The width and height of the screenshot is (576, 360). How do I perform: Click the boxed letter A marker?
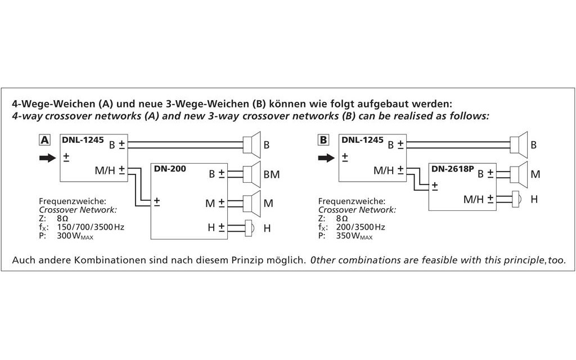(44, 140)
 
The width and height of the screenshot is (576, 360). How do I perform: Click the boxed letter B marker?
(323, 140)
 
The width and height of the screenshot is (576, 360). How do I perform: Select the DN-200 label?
(170, 169)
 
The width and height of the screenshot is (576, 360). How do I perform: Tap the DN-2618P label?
(453, 169)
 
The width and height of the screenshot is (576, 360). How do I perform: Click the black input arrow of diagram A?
(47, 158)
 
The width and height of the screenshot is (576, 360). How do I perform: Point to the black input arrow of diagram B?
(326, 158)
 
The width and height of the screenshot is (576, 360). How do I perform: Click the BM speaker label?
(272, 174)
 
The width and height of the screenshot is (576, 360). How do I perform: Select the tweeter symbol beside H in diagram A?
(249, 228)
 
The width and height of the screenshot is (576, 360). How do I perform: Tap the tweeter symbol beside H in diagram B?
(515, 199)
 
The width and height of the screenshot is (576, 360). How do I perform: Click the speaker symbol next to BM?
(252, 174)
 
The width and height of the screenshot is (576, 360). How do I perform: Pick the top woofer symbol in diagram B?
(519, 145)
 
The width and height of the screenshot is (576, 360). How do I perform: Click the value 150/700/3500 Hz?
(91, 227)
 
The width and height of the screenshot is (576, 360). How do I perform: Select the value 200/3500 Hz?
(361, 227)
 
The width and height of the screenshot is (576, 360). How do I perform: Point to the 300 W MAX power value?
(75, 236)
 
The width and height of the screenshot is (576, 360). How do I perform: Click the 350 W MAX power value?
(354, 236)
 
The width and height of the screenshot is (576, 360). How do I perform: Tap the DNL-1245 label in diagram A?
(83, 139)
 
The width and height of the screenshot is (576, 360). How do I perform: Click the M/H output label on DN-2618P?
(474, 200)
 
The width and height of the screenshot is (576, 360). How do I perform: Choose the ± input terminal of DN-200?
(157, 201)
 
